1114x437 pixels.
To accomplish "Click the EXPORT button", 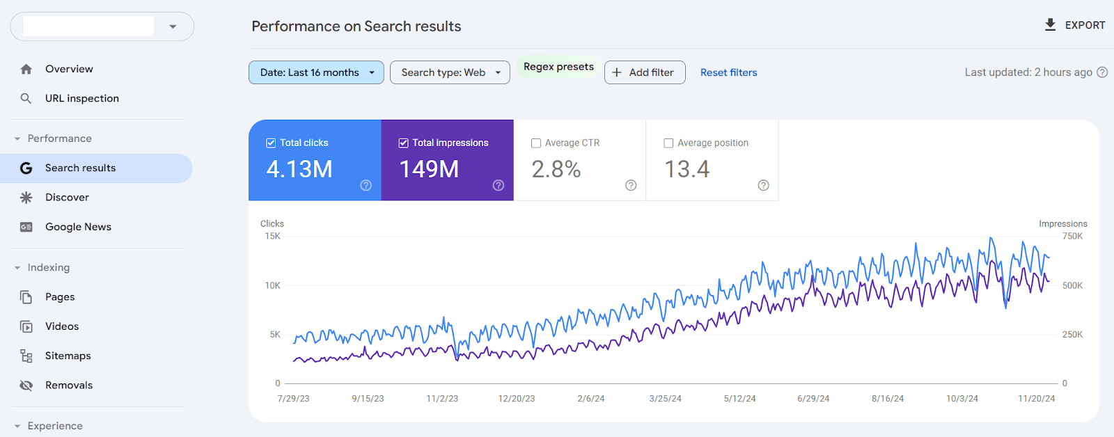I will [x=1075, y=25].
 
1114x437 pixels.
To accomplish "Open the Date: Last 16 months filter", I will [x=316, y=72].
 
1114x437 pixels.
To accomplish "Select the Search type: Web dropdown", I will [x=450, y=72].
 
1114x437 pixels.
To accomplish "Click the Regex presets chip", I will [x=558, y=67].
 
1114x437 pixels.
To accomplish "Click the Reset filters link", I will [x=728, y=72].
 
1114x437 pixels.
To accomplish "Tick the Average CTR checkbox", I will [x=536, y=143].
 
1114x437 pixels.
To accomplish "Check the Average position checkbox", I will [x=668, y=143].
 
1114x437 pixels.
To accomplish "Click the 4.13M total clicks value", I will [x=299, y=169].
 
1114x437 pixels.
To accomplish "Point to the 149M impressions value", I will [x=429, y=169].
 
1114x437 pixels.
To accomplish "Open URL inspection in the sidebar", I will [x=82, y=98].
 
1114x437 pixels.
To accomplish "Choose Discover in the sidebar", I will [x=67, y=197].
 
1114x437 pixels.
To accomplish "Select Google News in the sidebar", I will [x=78, y=227].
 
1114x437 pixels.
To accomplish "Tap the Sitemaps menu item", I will [x=68, y=356].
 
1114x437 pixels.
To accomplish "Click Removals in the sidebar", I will [x=68, y=385].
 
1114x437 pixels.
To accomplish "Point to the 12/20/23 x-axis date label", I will [x=517, y=399].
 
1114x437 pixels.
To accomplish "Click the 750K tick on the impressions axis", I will [x=1072, y=237].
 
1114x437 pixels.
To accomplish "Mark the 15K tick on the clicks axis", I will [x=272, y=237].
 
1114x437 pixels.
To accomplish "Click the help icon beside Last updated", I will [x=1102, y=72].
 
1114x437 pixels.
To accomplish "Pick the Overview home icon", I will [x=26, y=69].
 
